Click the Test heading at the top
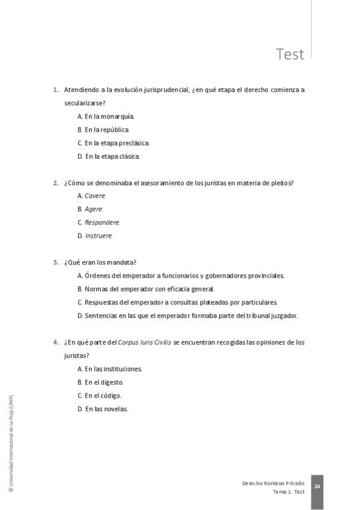click(290, 55)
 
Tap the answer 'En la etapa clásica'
click(112, 156)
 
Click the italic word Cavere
click(95, 196)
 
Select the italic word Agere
click(94, 209)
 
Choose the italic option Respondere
click(102, 223)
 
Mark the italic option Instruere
click(99, 236)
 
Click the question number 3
click(55, 262)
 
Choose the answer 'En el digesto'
click(103, 382)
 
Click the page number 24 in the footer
click(317, 486)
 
